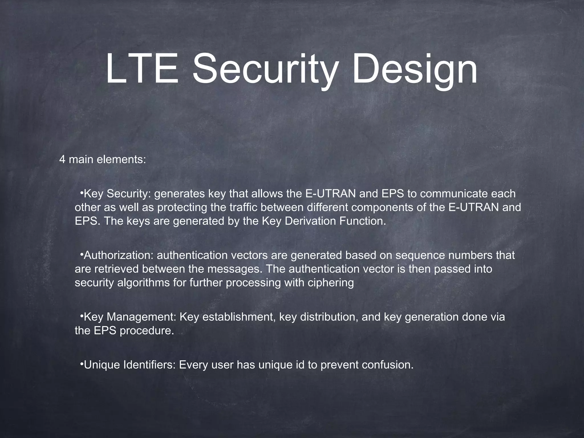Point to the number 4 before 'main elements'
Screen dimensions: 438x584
pyautogui.click(x=62, y=160)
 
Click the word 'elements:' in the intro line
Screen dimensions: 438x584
pyautogui.click(x=121, y=160)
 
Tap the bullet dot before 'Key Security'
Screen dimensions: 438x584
pyautogui.click(x=81, y=194)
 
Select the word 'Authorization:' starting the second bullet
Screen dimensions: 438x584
pyautogui.click(x=119, y=255)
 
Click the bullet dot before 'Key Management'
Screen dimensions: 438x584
pyautogui.click(x=81, y=317)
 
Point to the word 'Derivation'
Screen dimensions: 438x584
pyautogui.click(x=310, y=221)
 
